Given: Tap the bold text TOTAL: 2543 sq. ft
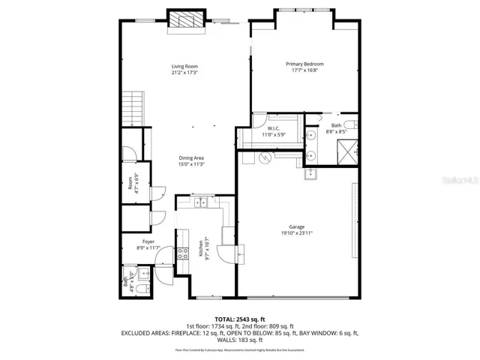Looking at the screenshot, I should pos(240,319).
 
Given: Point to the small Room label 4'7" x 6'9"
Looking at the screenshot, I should pos(130,183).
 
